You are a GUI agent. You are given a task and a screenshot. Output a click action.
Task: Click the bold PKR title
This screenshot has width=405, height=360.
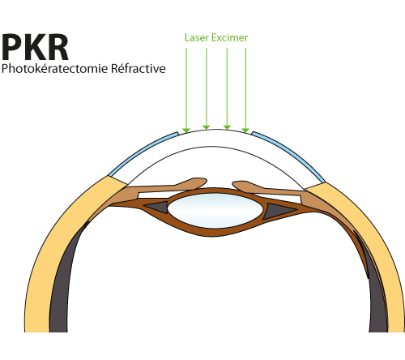pos(35,47)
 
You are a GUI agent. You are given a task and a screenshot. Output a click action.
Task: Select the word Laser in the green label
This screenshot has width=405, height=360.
pos(197,38)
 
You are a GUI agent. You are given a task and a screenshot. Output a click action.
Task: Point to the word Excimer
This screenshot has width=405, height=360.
pos(229,38)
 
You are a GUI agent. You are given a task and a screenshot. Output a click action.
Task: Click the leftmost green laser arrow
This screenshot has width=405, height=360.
pos(186,90)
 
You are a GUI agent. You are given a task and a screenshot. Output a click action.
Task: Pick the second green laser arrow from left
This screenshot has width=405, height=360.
pos(207,88)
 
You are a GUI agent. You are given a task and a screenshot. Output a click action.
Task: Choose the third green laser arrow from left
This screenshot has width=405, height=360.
pos(227,88)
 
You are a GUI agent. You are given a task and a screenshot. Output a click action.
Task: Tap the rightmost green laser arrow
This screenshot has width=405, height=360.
pos(245,90)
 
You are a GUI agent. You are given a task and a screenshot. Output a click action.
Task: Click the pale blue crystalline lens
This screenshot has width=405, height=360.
pos(215,210)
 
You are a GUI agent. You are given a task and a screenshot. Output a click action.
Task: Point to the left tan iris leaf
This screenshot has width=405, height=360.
pos(164,186)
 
